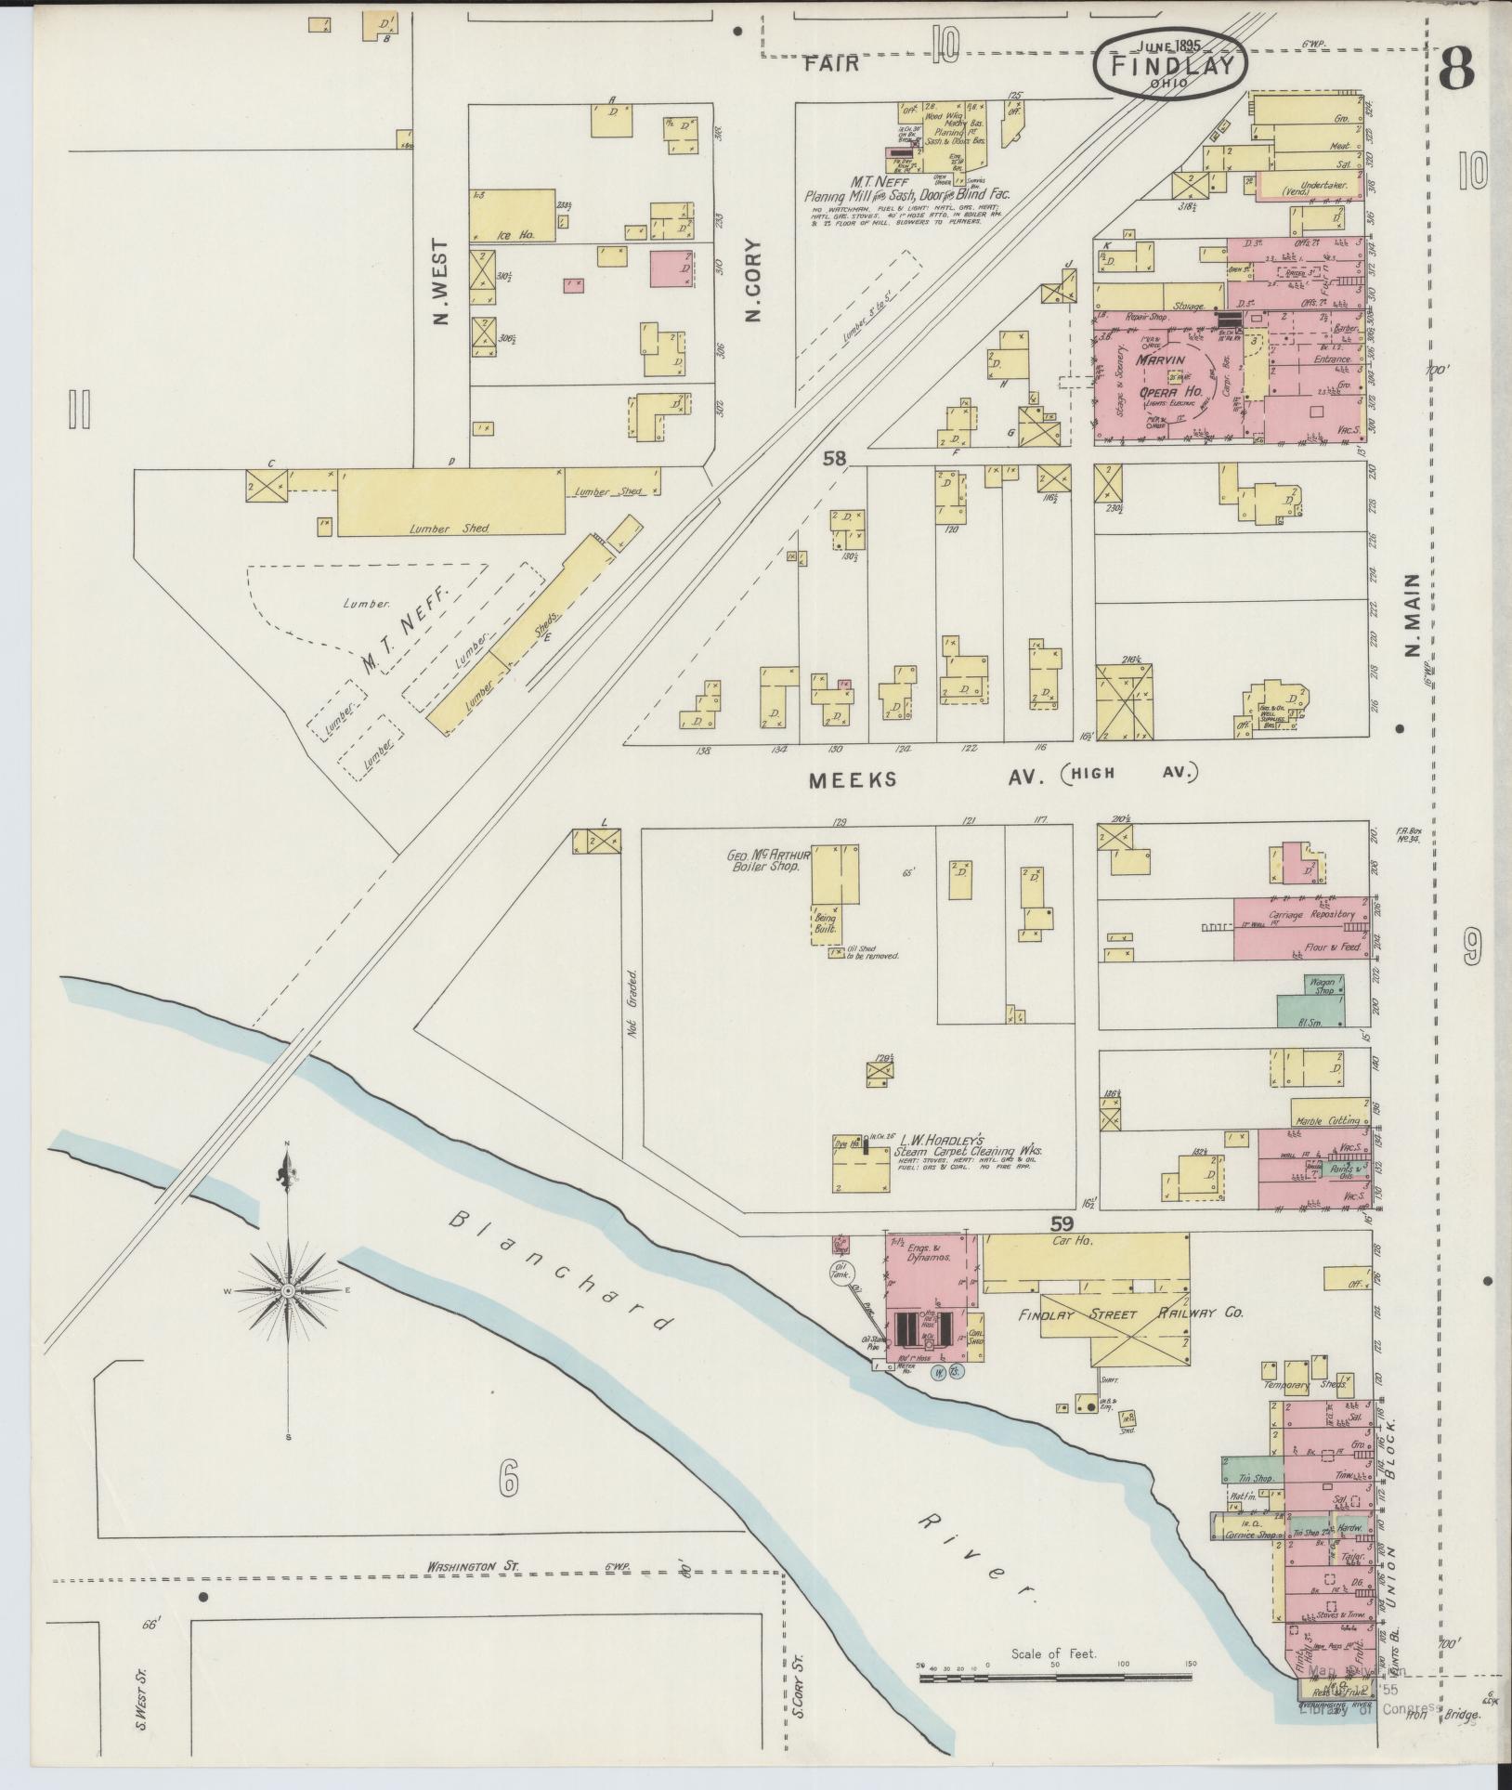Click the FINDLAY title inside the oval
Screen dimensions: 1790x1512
point(1173,66)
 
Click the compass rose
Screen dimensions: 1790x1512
point(289,1292)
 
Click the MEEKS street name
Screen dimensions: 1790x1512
point(853,779)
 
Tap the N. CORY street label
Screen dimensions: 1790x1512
point(753,281)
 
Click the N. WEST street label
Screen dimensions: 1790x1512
point(440,283)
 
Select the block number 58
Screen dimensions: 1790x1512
point(835,458)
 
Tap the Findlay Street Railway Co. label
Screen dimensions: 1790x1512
point(1129,1313)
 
